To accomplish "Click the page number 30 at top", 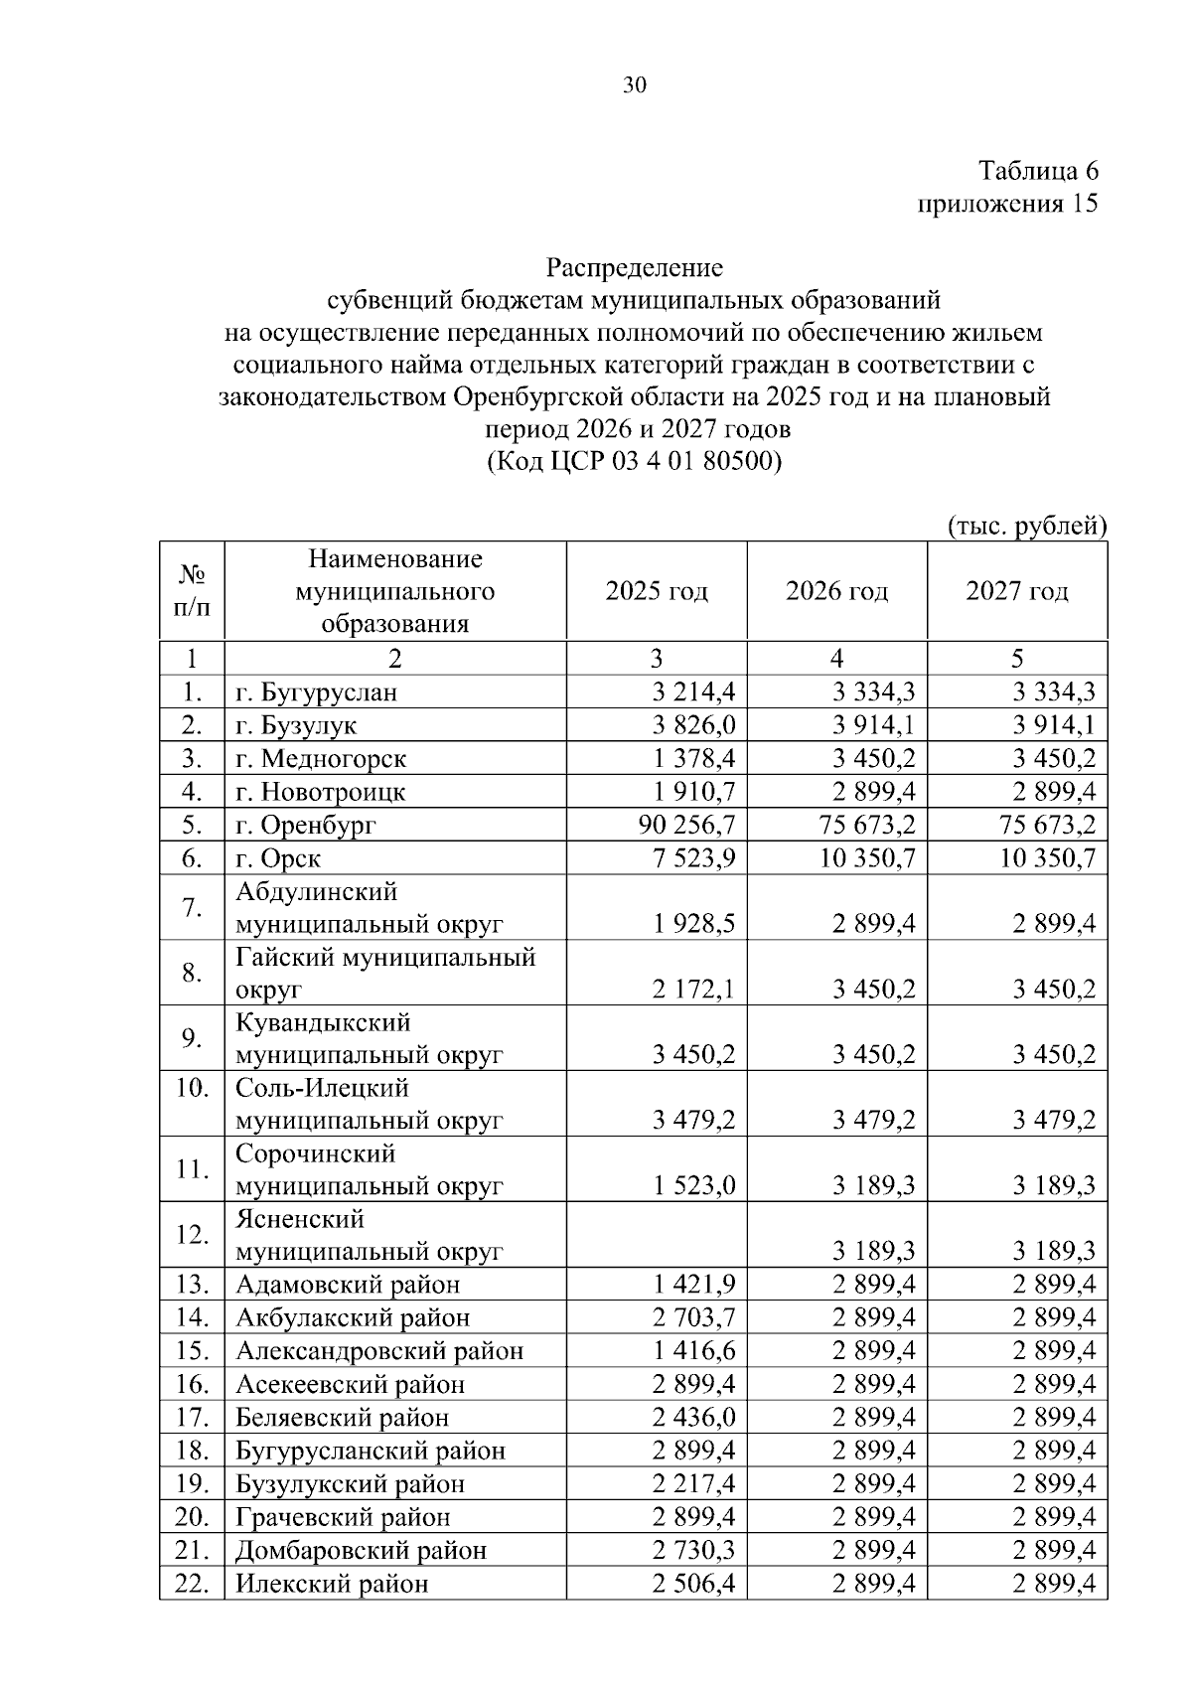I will [634, 85].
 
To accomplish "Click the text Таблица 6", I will [1038, 171].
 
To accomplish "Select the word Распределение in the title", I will [634, 267].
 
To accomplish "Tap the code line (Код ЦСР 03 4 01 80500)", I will [634, 462].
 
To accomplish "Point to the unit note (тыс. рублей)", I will [1027, 525].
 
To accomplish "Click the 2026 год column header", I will [836, 591].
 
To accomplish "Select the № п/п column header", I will [192, 591].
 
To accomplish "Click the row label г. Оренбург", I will [306, 825].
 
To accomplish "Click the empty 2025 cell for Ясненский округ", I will [657, 1235].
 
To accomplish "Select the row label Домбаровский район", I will [362, 1550].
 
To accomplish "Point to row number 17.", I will [192, 1417].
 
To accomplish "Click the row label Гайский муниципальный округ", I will [385, 973].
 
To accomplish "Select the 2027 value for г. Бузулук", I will [1054, 725].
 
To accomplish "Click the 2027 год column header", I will [1017, 591].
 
